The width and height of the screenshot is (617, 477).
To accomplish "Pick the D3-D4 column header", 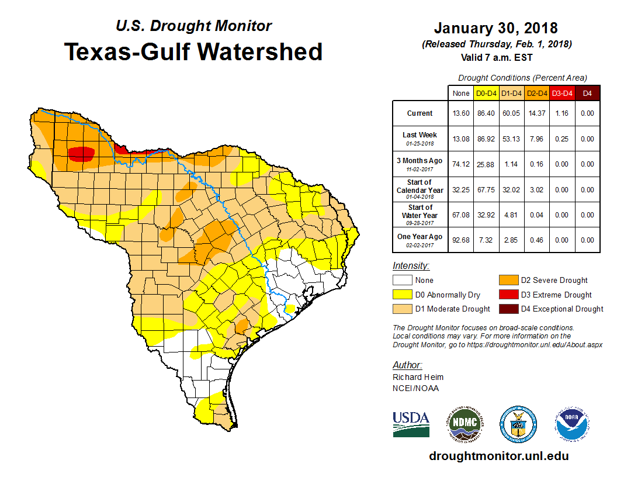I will (x=561, y=93).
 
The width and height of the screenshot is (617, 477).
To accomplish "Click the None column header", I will (x=460, y=93).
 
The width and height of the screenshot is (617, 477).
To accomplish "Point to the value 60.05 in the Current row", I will (x=512, y=113).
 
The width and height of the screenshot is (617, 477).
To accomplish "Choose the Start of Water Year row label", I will (x=420, y=215).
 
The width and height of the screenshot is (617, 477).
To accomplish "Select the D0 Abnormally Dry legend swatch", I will (x=402, y=295).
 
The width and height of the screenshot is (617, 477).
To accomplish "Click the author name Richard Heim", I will (x=418, y=377).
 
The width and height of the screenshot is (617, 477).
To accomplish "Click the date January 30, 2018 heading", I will (x=495, y=28).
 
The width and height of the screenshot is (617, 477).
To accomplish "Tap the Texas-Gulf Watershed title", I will (x=193, y=51).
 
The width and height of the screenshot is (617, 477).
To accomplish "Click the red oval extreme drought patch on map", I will (x=81, y=154).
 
